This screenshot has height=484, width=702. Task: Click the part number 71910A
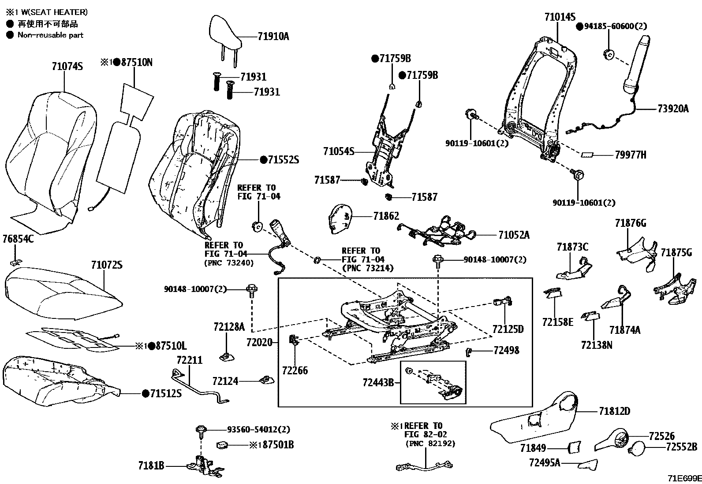(273, 37)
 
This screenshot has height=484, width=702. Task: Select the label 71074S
(67, 67)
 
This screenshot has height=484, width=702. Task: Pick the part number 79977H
(630, 155)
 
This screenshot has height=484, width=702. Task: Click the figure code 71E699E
(683, 478)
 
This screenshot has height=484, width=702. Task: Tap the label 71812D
(614, 411)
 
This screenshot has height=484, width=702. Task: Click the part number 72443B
(378, 383)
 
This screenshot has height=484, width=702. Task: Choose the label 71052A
(514, 235)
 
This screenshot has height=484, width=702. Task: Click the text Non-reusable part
(50, 35)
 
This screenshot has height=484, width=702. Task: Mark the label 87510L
(168, 346)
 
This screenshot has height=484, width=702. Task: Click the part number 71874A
(624, 330)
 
